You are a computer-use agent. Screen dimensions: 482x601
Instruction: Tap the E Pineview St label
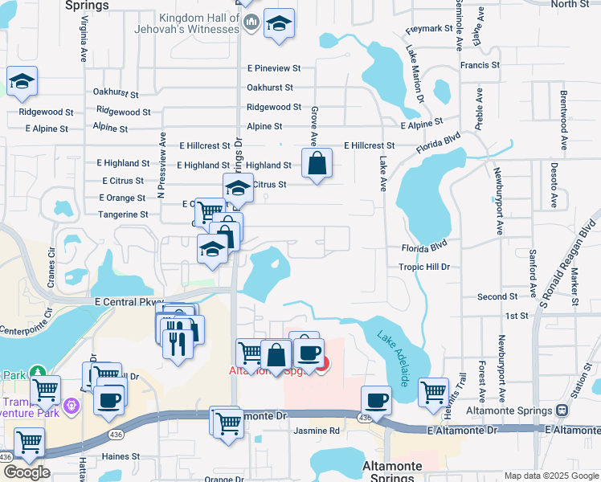pyautogui.click(x=274, y=69)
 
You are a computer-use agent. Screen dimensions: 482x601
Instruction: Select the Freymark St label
pyautogui.click(x=425, y=30)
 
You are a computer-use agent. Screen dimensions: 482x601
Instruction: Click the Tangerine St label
pyautogui.click(x=123, y=214)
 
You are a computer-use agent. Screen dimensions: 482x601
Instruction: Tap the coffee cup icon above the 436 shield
pyautogui.click(x=375, y=400)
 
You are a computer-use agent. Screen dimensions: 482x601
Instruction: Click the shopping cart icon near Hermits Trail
pyautogui.click(x=433, y=392)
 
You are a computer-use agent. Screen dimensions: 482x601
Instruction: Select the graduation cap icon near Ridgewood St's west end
pyautogui.click(x=22, y=81)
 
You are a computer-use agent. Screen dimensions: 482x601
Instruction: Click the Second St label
pyautogui.click(x=492, y=297)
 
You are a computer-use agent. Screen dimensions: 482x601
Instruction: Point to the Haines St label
pyautogui.click(x=121, y=456)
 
